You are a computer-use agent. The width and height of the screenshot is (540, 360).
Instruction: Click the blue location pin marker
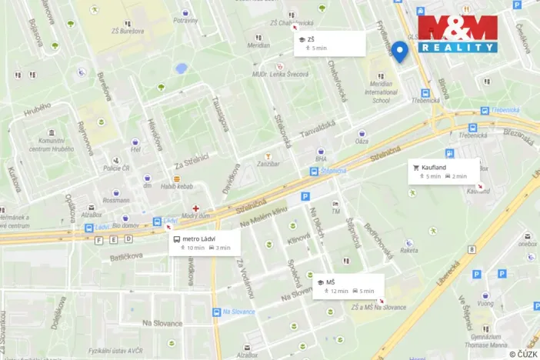click(x=399, y=51)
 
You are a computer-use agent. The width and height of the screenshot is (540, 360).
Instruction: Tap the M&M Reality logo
click(x=458, y=33)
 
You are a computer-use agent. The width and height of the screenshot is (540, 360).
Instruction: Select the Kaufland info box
click(x=444, y=171)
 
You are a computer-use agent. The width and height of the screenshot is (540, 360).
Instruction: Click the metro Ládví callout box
click(x=205, y=243)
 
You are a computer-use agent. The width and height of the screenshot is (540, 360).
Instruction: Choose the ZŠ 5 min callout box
click(x=329, y=43)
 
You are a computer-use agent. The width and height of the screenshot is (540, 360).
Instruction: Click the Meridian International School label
click(x=382, y=92)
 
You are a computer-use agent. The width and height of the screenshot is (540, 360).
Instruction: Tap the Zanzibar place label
click(x=268, y=164)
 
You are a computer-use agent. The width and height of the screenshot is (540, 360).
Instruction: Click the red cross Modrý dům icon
click(x=197, y=208)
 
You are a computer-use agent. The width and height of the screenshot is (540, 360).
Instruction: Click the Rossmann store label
click(x=116, y=200)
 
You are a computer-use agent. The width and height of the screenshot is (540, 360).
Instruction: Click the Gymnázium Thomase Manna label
click(x=491, y=340)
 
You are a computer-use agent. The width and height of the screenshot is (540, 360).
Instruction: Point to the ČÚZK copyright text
click(x=523, y=354)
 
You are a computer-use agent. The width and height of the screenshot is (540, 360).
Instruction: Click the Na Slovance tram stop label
click(x=238, y=312)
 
